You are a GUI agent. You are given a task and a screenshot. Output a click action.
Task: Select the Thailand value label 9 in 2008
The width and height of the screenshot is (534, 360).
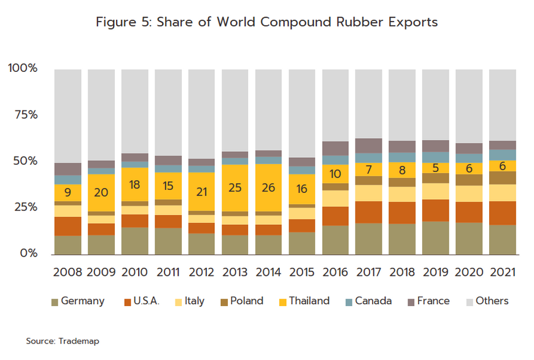[x=68, y=192]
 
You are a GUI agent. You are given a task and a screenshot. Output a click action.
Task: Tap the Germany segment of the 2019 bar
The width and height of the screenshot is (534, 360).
[x=435, y=238]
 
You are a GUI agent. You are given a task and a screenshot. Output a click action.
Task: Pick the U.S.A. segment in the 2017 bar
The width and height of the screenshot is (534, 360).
[x=368, y=212]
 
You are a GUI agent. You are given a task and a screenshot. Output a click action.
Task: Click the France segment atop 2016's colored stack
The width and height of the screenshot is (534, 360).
[x=335, y=148]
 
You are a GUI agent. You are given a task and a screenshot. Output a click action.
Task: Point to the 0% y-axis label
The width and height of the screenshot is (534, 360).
[x=27, y=254]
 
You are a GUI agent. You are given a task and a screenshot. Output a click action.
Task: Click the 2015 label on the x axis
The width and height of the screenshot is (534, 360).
[x=301, y=272]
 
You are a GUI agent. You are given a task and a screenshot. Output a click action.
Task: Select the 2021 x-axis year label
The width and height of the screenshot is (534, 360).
[x=502, y=272]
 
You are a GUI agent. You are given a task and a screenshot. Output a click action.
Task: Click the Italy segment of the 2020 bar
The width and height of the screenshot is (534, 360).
[x=468, y=194]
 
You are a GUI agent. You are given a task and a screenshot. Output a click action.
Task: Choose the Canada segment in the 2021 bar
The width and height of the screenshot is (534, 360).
[x=502, y=154]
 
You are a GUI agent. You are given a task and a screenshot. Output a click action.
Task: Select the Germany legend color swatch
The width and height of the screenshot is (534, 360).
[x=55, y=301]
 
